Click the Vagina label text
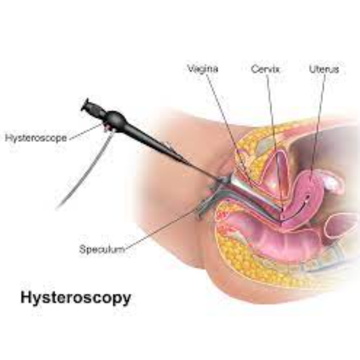pyautogui.click(x=203, y=69)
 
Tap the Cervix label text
pyautogui.click(x=265, y=69)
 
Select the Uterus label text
pyautogui.click(x=324, y=69)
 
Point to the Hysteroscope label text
pyautogui.click(x=36, y=138)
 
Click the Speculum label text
pyautogui.click(x=102, y=249)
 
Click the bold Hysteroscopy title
pyautogui.click(x=76, y=298)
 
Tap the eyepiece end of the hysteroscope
pyautogui.click(x=87, y=106)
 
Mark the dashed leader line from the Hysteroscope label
pyautogui.click(x=86, y=132)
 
